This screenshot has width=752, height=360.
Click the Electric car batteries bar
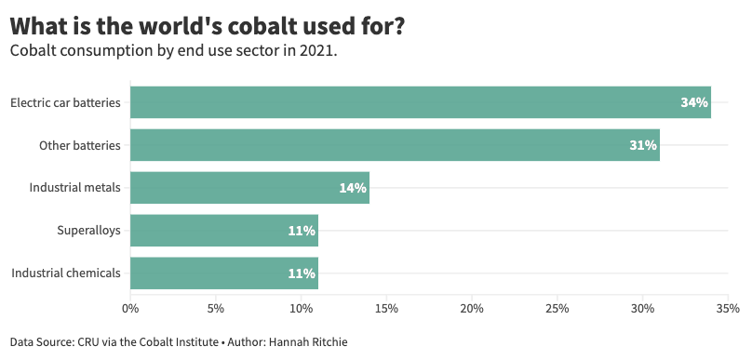tap(419, 102)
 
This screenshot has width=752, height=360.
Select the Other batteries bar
tap(395, 145)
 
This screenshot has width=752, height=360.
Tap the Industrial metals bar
tap(249, 188)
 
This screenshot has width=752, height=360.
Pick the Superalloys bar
tap(223, 231)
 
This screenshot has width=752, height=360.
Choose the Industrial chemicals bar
tap(223, 273)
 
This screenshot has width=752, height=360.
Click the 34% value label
tap(694, 102)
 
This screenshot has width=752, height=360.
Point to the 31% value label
tap(643, 145)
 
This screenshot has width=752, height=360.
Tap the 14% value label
tap(353, 188)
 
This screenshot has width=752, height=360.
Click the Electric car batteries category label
tap(65, 102)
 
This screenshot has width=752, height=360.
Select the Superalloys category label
tap(88, 231)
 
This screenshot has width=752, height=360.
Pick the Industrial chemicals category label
tap(66, 273)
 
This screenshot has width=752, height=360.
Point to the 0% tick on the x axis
tap(130, 308)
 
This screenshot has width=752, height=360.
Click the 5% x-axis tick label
tap(216, 308)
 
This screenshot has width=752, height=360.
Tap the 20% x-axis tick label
tap(472, 308)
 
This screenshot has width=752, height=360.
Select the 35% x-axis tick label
tap(728, 308)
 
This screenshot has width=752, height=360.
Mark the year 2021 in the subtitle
tap(316, 50)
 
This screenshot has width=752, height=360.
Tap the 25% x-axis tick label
tap(557, 308)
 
